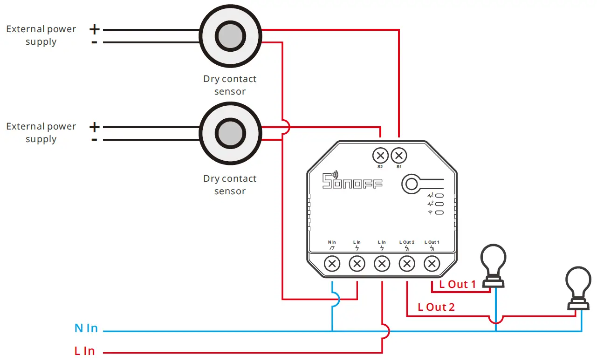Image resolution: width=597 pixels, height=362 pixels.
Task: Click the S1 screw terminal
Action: tap(399, 155)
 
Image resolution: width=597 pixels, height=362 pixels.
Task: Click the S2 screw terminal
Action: tap(380, 155)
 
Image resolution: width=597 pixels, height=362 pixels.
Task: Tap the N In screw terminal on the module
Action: tap(332, 265)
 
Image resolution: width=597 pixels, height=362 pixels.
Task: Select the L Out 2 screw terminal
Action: tap(407, 265)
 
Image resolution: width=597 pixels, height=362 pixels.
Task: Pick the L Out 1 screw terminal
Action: tap(432, 265)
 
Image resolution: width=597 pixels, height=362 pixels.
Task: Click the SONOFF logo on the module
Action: tap(352, 181)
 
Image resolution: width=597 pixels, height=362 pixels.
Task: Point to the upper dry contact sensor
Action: tap(230, 36)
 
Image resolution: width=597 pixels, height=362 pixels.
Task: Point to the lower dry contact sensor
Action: tap(230, 133)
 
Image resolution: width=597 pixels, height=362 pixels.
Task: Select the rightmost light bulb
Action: tap(578, 287)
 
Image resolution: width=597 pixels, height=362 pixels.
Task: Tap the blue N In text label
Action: tap(86, 328)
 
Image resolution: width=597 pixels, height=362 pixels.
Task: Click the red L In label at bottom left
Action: tap(84, 351)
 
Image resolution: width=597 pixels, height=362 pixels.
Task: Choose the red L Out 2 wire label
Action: tap(436, 307)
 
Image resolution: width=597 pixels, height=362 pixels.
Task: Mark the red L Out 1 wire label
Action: tap(458, 284)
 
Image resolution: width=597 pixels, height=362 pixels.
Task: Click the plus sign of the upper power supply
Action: tap(95, 30)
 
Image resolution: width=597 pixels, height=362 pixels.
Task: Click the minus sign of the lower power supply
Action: tap(95, 140)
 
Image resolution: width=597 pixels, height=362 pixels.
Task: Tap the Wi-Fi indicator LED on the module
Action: tap(439, 212)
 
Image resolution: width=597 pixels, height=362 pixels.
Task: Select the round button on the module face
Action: tap(411, 184)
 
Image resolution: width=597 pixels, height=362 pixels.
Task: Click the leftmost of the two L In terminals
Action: tap(357, 265)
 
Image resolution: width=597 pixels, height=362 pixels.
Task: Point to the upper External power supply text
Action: tap(41, 35)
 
